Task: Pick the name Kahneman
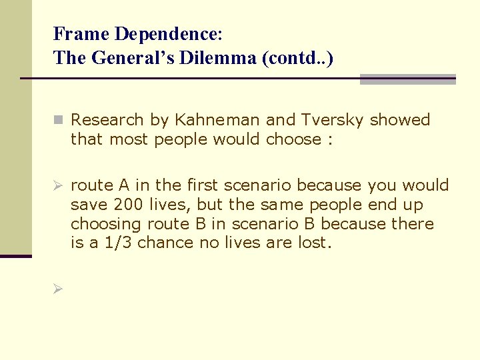click(218, 120)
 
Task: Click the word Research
click(107, 120)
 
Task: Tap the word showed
click(400, 120)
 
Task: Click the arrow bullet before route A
click(57, 185)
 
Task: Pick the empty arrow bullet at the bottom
click(57, 289)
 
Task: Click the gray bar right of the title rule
click(407, 79)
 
